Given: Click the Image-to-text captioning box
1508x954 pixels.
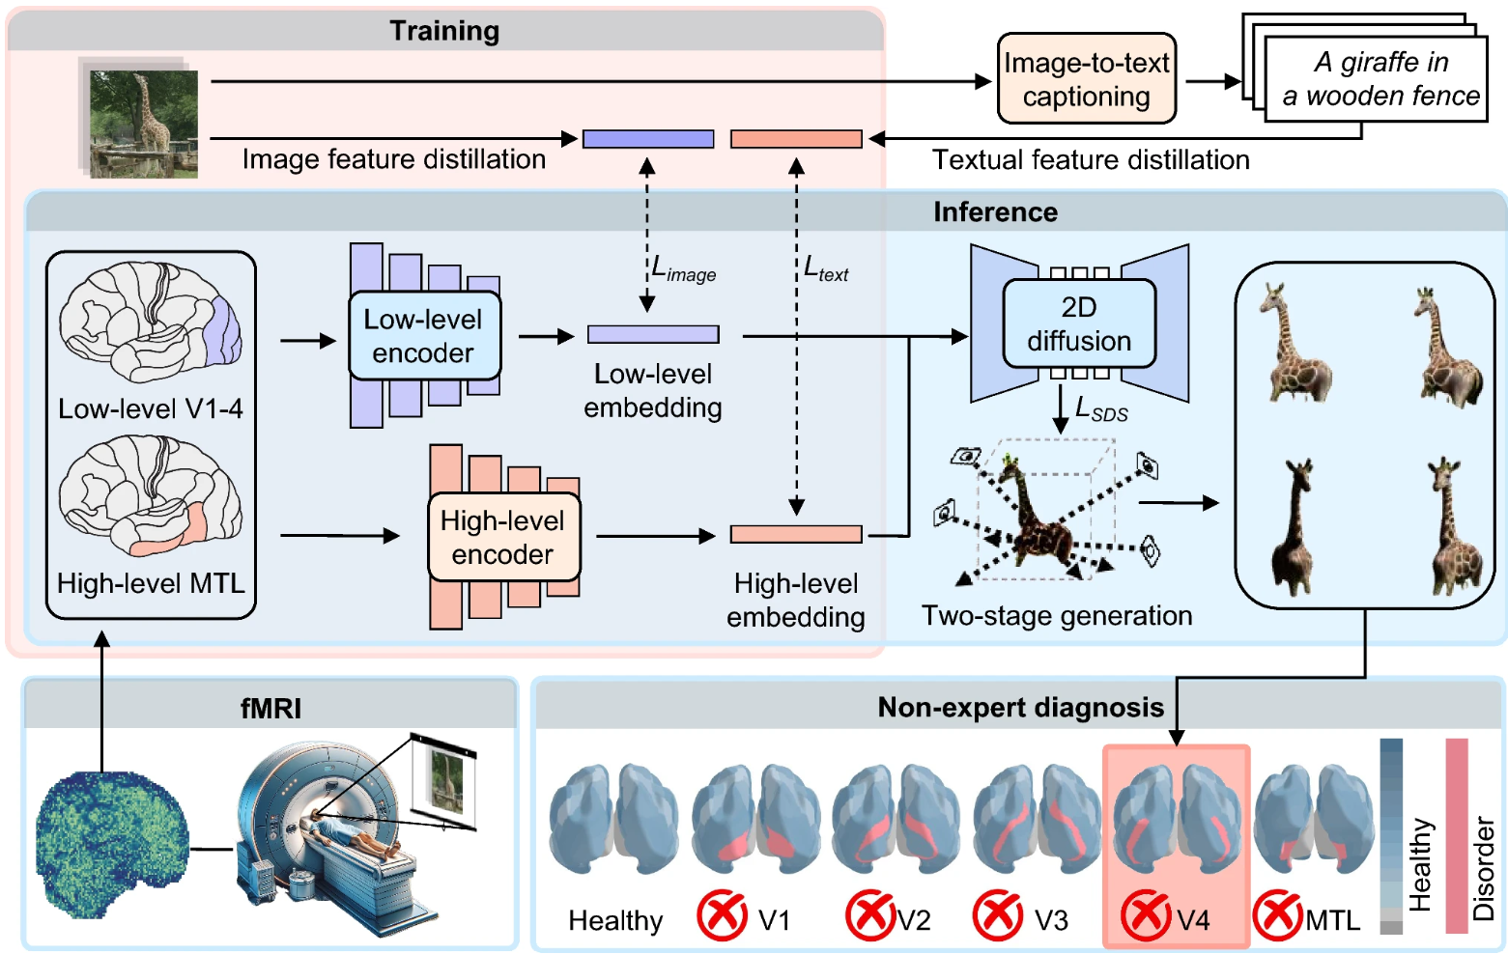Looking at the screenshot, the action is pos(1087,79).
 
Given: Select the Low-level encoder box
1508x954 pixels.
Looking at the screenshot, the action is pos(424,336).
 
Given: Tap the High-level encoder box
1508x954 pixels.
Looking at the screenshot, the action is pos(503,537).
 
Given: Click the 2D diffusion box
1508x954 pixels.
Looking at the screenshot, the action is pos(1079,323).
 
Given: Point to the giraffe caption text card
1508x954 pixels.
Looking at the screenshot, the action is pos(1376,79).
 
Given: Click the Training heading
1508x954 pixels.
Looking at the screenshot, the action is pos(444,31).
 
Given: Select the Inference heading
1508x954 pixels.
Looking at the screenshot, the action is pos(995,211).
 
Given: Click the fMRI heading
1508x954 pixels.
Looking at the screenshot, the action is pos(270,709).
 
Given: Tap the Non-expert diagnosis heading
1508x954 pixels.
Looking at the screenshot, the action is pos(1020,708).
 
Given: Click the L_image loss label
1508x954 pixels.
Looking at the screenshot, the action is pos(683,269).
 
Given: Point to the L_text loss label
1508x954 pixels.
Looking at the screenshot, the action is pos(826,269).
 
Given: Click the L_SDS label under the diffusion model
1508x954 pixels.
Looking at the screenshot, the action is pos(1101,409).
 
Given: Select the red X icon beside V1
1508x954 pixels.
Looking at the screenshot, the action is pos(722,915).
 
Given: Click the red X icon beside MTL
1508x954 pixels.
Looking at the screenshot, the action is pos(1278,915).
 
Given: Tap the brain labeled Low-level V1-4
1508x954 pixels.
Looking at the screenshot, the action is pos(150,322).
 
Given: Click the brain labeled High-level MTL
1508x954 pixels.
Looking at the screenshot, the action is pos(150,495).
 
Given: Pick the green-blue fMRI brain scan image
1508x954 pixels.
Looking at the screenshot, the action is pos(112,844).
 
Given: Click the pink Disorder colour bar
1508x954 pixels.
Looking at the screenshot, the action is pos(1456,836).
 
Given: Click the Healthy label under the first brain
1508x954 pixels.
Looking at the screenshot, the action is pos(615,920).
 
